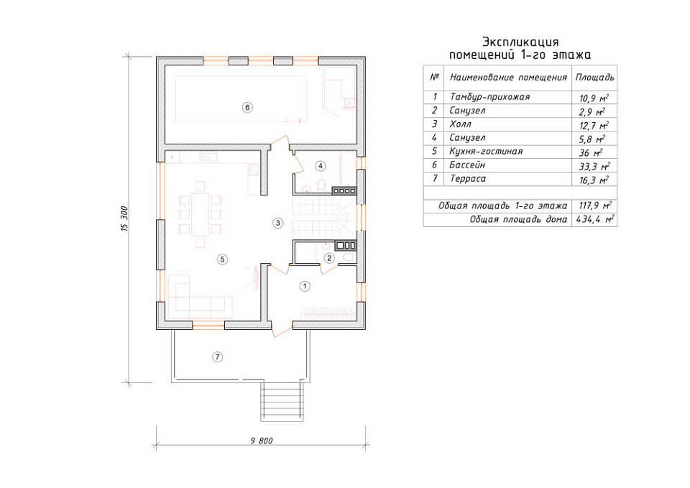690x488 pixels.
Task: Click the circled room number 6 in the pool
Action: coord(247,107)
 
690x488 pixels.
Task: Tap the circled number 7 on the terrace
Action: coord(217,357)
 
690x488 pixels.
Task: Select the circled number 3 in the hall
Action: coord(277,223)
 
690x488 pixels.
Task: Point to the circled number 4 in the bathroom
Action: coord(321,166)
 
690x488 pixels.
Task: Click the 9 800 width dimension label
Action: coord(262,441)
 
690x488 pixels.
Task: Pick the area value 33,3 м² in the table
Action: coord(594,166)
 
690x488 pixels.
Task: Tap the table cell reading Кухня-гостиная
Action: coord(486,152)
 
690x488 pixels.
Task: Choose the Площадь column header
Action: coord(594,78)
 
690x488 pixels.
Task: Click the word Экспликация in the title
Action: coord(520,42)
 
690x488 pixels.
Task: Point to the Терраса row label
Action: coord(468,179)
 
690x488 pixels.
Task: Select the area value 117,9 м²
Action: coord(595,206)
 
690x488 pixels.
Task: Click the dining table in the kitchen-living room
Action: coord(201,214)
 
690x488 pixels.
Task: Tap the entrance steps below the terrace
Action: coord(282,402)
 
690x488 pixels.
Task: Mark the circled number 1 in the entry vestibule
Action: coord(305,287)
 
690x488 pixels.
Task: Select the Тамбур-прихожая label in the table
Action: coord(489,97)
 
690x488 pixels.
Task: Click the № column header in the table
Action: coord(434,77)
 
